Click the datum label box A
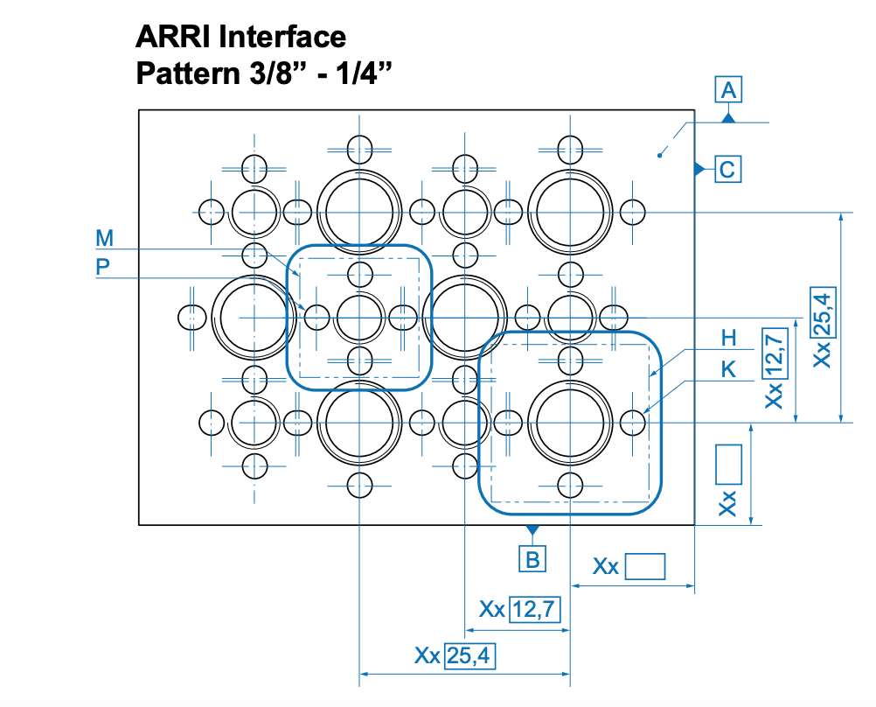(728, 89)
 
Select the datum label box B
(532, 558)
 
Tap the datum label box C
(728, 168)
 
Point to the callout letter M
(105, 238)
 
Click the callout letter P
(103, 268)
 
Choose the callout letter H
(729, 338)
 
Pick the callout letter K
(728, 370)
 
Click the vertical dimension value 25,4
(822, 312)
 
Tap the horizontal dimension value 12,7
(535, 608)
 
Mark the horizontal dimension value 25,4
(469, 655)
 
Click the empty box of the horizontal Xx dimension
(645, 567)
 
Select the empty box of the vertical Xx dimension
(728, 464)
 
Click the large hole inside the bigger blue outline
(570, 423)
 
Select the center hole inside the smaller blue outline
(359, 317)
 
